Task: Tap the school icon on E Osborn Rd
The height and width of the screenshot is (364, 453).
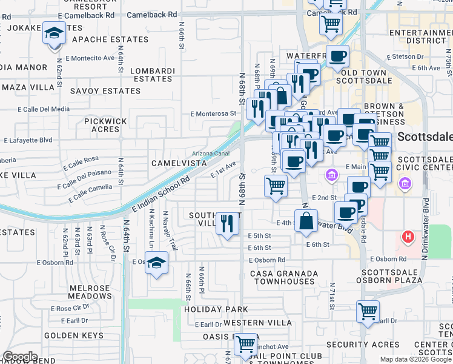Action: click(157, 263)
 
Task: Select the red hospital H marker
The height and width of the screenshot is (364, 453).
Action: click(409, 237)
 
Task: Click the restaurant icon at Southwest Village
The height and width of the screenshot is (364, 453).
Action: click(227, 223)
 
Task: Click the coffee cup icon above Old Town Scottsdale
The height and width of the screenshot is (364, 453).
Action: click(338, 56)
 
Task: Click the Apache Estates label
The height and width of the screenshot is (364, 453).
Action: click(110, 39)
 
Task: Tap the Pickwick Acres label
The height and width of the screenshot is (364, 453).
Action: click(106, 125)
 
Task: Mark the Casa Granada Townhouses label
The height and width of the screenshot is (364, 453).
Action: click(284, 277)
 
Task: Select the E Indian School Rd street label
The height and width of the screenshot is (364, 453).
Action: click(161, 195)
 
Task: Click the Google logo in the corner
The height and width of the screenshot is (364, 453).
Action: click(19, 357)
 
